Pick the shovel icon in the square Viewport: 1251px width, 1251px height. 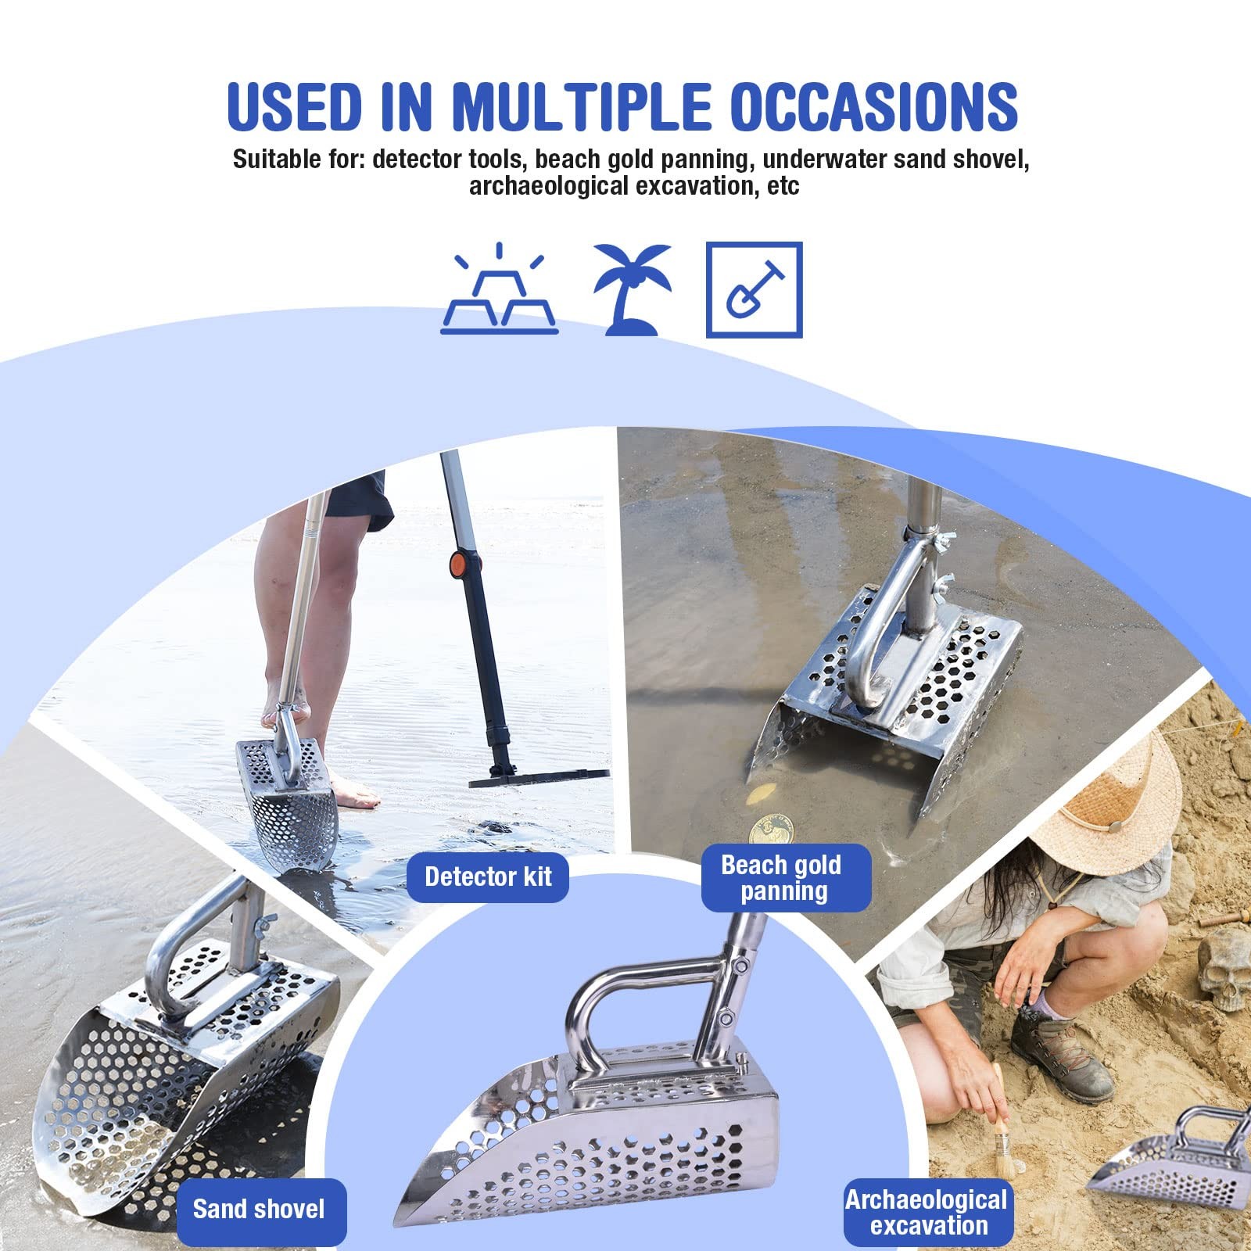(x=754, y=290)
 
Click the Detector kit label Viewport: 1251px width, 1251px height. (x=488, y=877)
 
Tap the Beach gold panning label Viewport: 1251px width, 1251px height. (x=783, y=878)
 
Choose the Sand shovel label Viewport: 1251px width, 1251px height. (x=260, y=1210)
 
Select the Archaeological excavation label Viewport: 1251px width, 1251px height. (x=927, y=1212)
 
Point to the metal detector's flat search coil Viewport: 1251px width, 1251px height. (x=539, y=778)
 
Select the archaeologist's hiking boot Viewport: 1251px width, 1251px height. (x=1063, y=1056)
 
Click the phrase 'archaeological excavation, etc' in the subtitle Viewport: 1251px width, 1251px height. (x=633, y=187)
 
